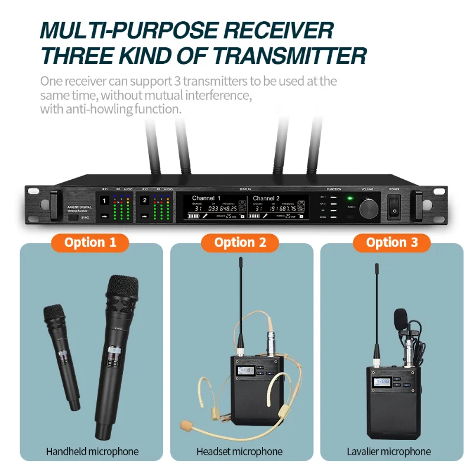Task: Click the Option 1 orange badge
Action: point(90,242)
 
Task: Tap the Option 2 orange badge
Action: point(241,242)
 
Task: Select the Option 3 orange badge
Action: point(392,242)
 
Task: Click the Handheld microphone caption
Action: point(92,452)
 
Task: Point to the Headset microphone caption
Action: point(239,452)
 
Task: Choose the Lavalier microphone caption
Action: point(389,452)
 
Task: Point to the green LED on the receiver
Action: point(350,199)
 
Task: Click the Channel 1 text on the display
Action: point(206,198)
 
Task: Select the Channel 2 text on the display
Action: point(266,198)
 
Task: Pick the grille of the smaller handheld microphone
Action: point(54,316)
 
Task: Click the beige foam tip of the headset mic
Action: point(188,424)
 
